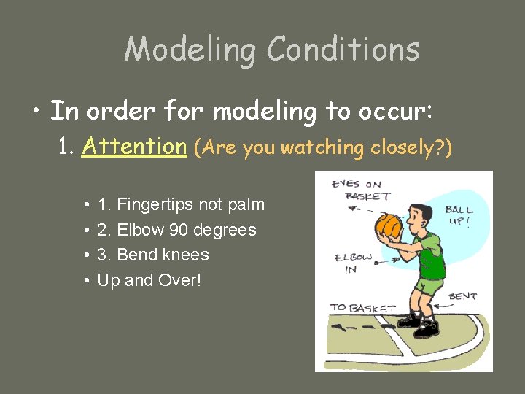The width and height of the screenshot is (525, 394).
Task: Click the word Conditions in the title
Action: point(343,50)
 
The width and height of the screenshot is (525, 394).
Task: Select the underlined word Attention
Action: point(135,147)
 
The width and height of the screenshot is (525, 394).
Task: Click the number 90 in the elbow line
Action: point(179,230)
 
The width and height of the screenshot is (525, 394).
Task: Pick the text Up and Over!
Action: point(149,279)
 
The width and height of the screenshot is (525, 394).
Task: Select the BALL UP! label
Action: point(459,215)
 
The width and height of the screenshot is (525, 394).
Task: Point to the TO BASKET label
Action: point(362,308)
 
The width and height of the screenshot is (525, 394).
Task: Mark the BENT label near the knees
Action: point(463,296)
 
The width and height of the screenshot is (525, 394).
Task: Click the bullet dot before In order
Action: point(35,112)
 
